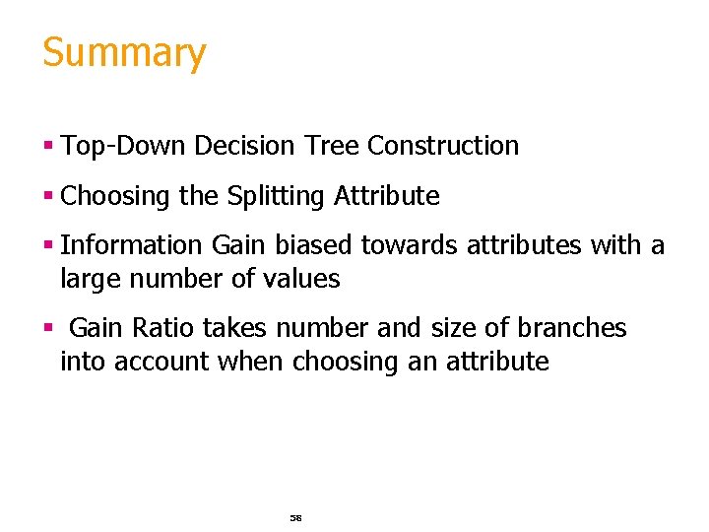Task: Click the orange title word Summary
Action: tap(124, 53)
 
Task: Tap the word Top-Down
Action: tap(124, 146)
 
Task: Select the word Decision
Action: tap(244, 146)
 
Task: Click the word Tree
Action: tap(331, 146)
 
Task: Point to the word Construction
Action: tap(443, 146)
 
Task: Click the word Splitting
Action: tap(275, 196)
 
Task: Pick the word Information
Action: tap(132, 245)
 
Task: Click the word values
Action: tap(300, 279)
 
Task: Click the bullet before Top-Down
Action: tap(47, 147)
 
